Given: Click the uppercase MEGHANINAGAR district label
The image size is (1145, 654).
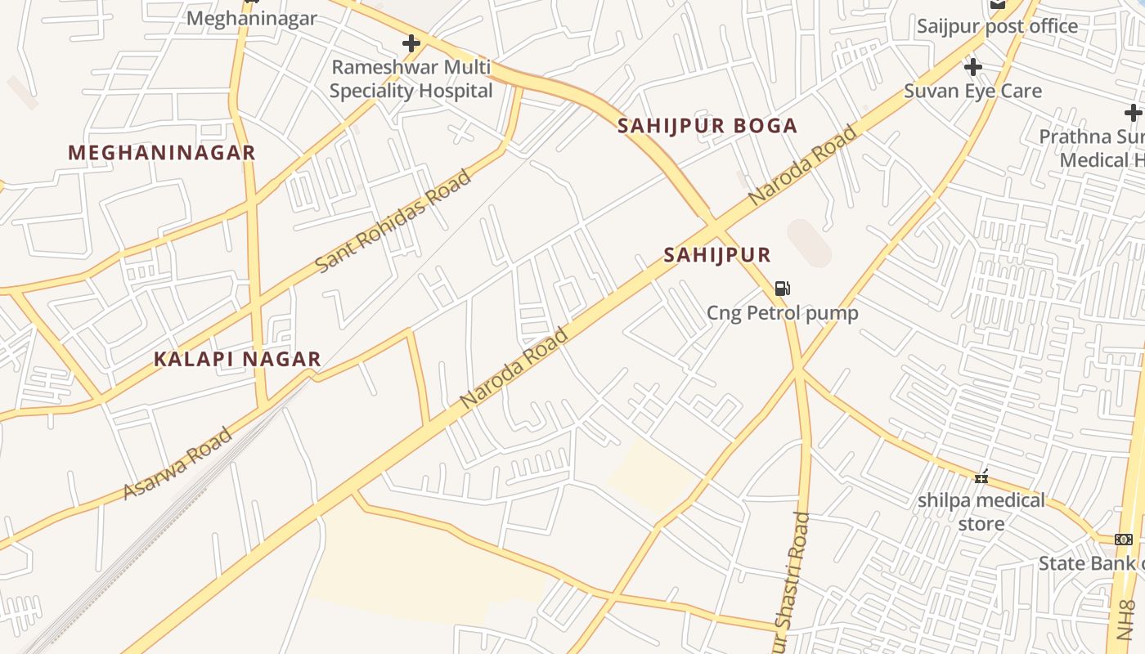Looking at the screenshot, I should click(162, 153).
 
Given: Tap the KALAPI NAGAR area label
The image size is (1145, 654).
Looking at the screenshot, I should click(238, 360).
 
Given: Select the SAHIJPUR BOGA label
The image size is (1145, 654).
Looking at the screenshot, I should click(707, 126).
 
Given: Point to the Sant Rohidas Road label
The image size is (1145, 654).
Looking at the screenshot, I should click(393, 222).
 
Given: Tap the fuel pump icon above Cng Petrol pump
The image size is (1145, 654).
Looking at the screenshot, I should click(782, 288).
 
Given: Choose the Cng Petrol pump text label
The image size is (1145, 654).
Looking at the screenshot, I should click(783, 313).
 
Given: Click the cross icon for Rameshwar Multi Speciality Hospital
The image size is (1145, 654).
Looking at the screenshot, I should click(411, 43).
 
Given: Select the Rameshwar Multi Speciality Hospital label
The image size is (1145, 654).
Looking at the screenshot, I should click(411, 79).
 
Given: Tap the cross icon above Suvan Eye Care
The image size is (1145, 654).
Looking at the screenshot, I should click(972, 66).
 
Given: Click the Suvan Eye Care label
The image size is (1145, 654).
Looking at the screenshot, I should click(972, 91).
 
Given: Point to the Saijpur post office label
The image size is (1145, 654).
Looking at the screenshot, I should click(997, 26).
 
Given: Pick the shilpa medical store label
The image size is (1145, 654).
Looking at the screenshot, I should click(981, 511).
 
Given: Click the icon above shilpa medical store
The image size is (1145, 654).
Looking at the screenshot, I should click(981, 476).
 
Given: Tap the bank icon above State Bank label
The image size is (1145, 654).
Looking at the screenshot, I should click(1124, 539).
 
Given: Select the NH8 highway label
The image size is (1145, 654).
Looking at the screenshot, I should click(1126, 620).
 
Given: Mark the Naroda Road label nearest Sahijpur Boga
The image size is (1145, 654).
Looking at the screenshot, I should click(802, 165).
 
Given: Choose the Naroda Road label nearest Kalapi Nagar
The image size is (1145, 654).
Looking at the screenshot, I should click(514, 369).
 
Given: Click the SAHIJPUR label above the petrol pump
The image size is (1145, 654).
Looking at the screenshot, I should click(717, 255).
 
